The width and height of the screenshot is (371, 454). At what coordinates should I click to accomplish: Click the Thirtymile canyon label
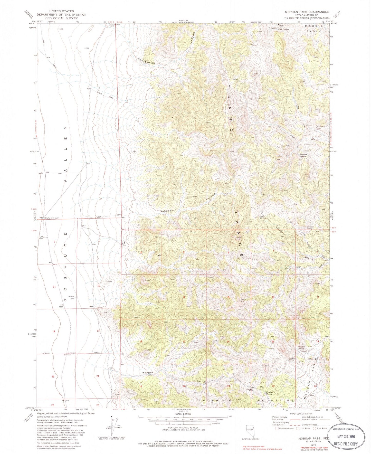(147, 61)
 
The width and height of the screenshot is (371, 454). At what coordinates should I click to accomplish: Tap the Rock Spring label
(284, 29)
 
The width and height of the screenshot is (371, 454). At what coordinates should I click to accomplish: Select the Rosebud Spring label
(303, 155)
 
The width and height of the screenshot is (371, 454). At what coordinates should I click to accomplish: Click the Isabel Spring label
(263, 217)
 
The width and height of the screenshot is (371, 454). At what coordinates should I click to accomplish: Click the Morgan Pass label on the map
(250, 390)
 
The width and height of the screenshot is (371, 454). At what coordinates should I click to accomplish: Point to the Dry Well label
(71, 297)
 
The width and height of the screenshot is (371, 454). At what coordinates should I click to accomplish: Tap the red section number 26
(53, 405)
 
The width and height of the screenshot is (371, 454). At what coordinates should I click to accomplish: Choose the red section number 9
(229, 297)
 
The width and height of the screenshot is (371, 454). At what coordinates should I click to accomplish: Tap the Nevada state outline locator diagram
(250, 432)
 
